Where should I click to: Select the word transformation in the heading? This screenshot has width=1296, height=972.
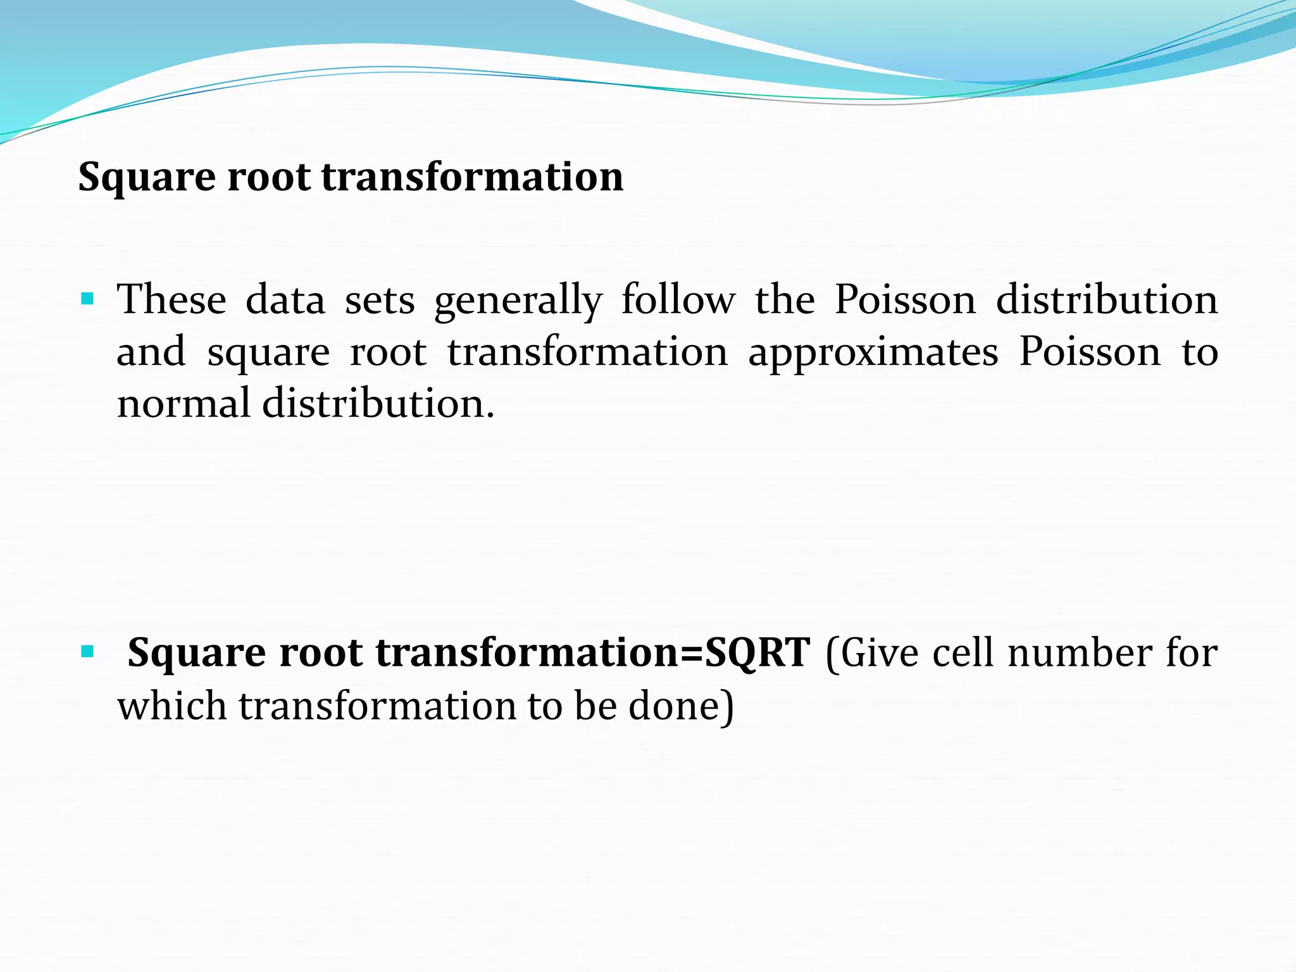click(472, 177)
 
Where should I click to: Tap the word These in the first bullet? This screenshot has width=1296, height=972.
click(171, 299)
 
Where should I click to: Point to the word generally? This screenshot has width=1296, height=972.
click(518, 301)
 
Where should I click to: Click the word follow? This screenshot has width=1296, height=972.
click(678, 299)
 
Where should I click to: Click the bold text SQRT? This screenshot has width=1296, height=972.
click(757, 653)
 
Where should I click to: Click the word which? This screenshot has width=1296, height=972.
click(171, 706)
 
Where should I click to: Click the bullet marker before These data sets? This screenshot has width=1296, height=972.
click(87, 298)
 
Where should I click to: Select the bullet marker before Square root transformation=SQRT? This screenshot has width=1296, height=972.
click(87, 650)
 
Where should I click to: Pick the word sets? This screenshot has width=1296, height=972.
click(380, 301)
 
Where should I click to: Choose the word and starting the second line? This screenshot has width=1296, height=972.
click(151, 352)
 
